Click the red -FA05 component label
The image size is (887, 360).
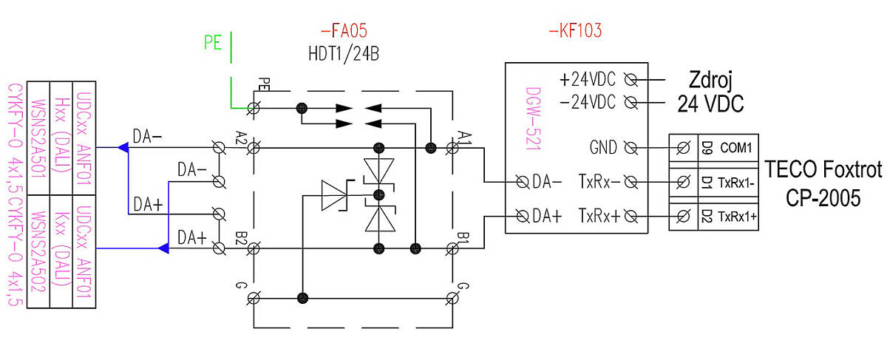pos(344,30)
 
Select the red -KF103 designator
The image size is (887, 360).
pos(575,30)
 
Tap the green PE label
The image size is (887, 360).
pos(213,42)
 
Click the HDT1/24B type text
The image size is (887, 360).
pos(344,54)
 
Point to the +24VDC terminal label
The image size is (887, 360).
pos(588,80)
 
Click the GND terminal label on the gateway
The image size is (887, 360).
pos(603,148)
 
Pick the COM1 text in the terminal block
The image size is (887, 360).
pos(735,148)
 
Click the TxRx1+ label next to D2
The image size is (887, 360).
pos(738,217)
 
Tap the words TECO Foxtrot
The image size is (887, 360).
pos(823,169)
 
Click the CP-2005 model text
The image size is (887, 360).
pos(823,197)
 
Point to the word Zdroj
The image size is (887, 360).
pos(710,81)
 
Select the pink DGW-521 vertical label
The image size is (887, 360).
pos(533,119)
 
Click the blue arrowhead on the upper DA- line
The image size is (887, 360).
pos(123,148)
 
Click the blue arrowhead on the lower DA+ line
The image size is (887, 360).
pos(163,248)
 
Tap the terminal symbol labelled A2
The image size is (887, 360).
pos(254,149)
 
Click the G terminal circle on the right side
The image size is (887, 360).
pos(452,298)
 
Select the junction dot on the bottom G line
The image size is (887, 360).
pos(302,298)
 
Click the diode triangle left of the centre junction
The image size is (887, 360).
pos(334,195)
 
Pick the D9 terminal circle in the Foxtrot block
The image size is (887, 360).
pos(683,148)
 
